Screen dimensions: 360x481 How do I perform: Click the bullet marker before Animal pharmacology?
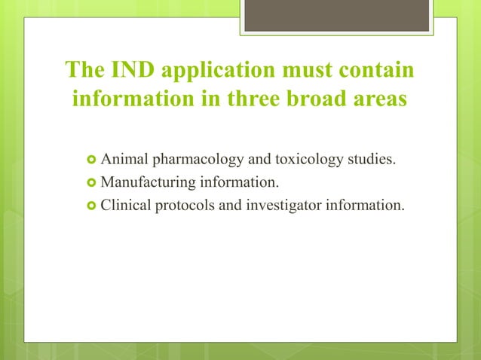[90, 160]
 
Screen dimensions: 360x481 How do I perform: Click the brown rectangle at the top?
[336, 16]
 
